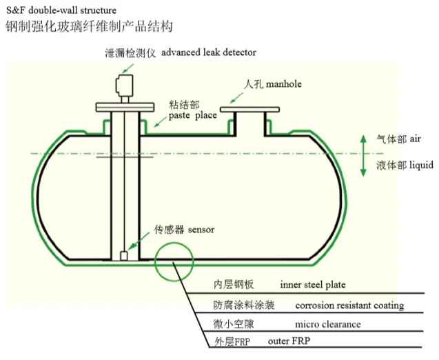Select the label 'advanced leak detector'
[209, 52]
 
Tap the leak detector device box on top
[125, 86]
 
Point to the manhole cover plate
[249, 108]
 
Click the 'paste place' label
[192, 115]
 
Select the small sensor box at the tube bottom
[125, 256]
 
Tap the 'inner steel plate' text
[312, 284]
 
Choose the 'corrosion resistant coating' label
[349, 305]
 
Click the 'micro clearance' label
[328, 323]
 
